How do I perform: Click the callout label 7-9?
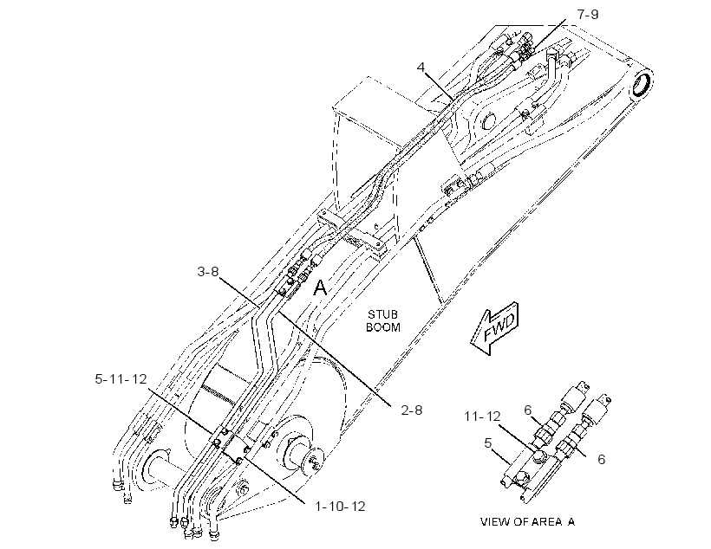[x=588, y=15]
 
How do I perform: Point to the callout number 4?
[x=421, y=68]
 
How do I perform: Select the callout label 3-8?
[x=208, y=272]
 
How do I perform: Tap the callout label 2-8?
[x=412, y=410]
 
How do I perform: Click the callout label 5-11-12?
[x=121, y=378]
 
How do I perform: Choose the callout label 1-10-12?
[x=340, y=506]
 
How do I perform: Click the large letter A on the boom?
[x=320, y=287]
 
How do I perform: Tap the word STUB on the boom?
[x=382, y=314]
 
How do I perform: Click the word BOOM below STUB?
[x=383, y=327]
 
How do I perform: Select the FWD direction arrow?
[x=495, y=328]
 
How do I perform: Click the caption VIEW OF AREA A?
[x=528, y=522]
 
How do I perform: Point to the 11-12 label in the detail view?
[x=482, y=416]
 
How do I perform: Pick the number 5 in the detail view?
[x=488, y=443]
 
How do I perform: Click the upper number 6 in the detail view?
[x=528, y=410]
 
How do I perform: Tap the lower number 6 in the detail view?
[x=601, y=459]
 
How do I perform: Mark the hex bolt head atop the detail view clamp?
[x=538, y=456]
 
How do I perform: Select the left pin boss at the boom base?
[x=155, y=468]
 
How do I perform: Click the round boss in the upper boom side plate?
[x=487, y=119]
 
